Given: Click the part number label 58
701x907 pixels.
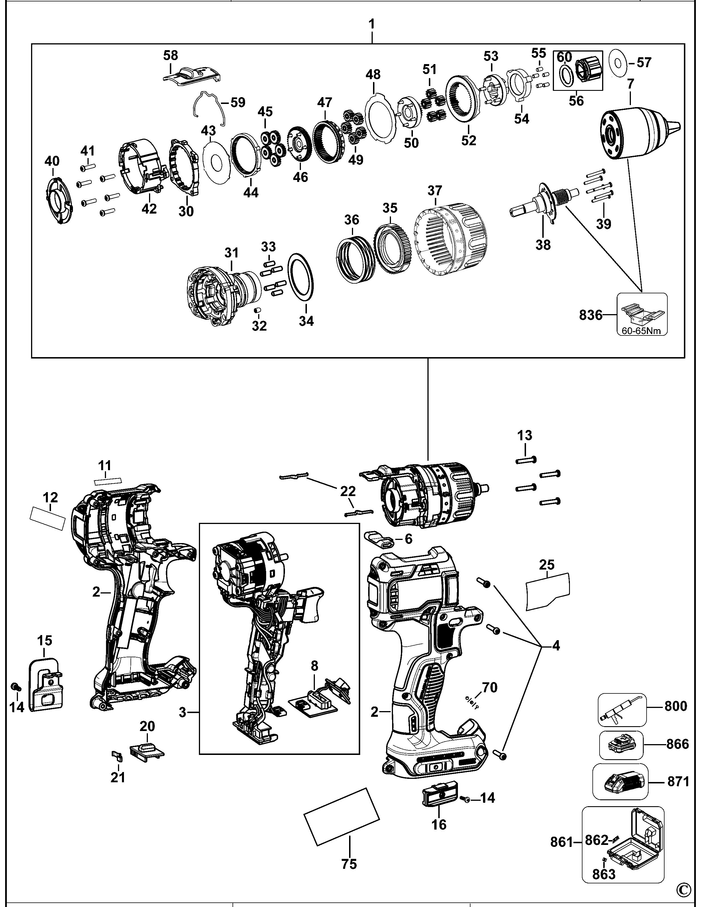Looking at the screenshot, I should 170,55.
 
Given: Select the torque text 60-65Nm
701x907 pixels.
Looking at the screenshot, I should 641,331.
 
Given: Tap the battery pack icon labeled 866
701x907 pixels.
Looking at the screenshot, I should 621,745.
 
